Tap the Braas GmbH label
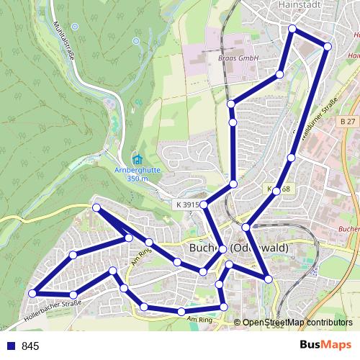pos(238,57)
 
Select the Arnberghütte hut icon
pos(137,159)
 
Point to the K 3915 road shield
pos(186,205)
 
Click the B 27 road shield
pos(348,122)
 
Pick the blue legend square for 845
pos(11,346)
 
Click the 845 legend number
pos(30,346)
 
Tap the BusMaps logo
pos(325,346)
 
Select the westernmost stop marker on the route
pos(32,293)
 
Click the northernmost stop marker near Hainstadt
pos(292,29)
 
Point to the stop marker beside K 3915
pos(204,205)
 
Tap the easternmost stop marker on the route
pos(327,46)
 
